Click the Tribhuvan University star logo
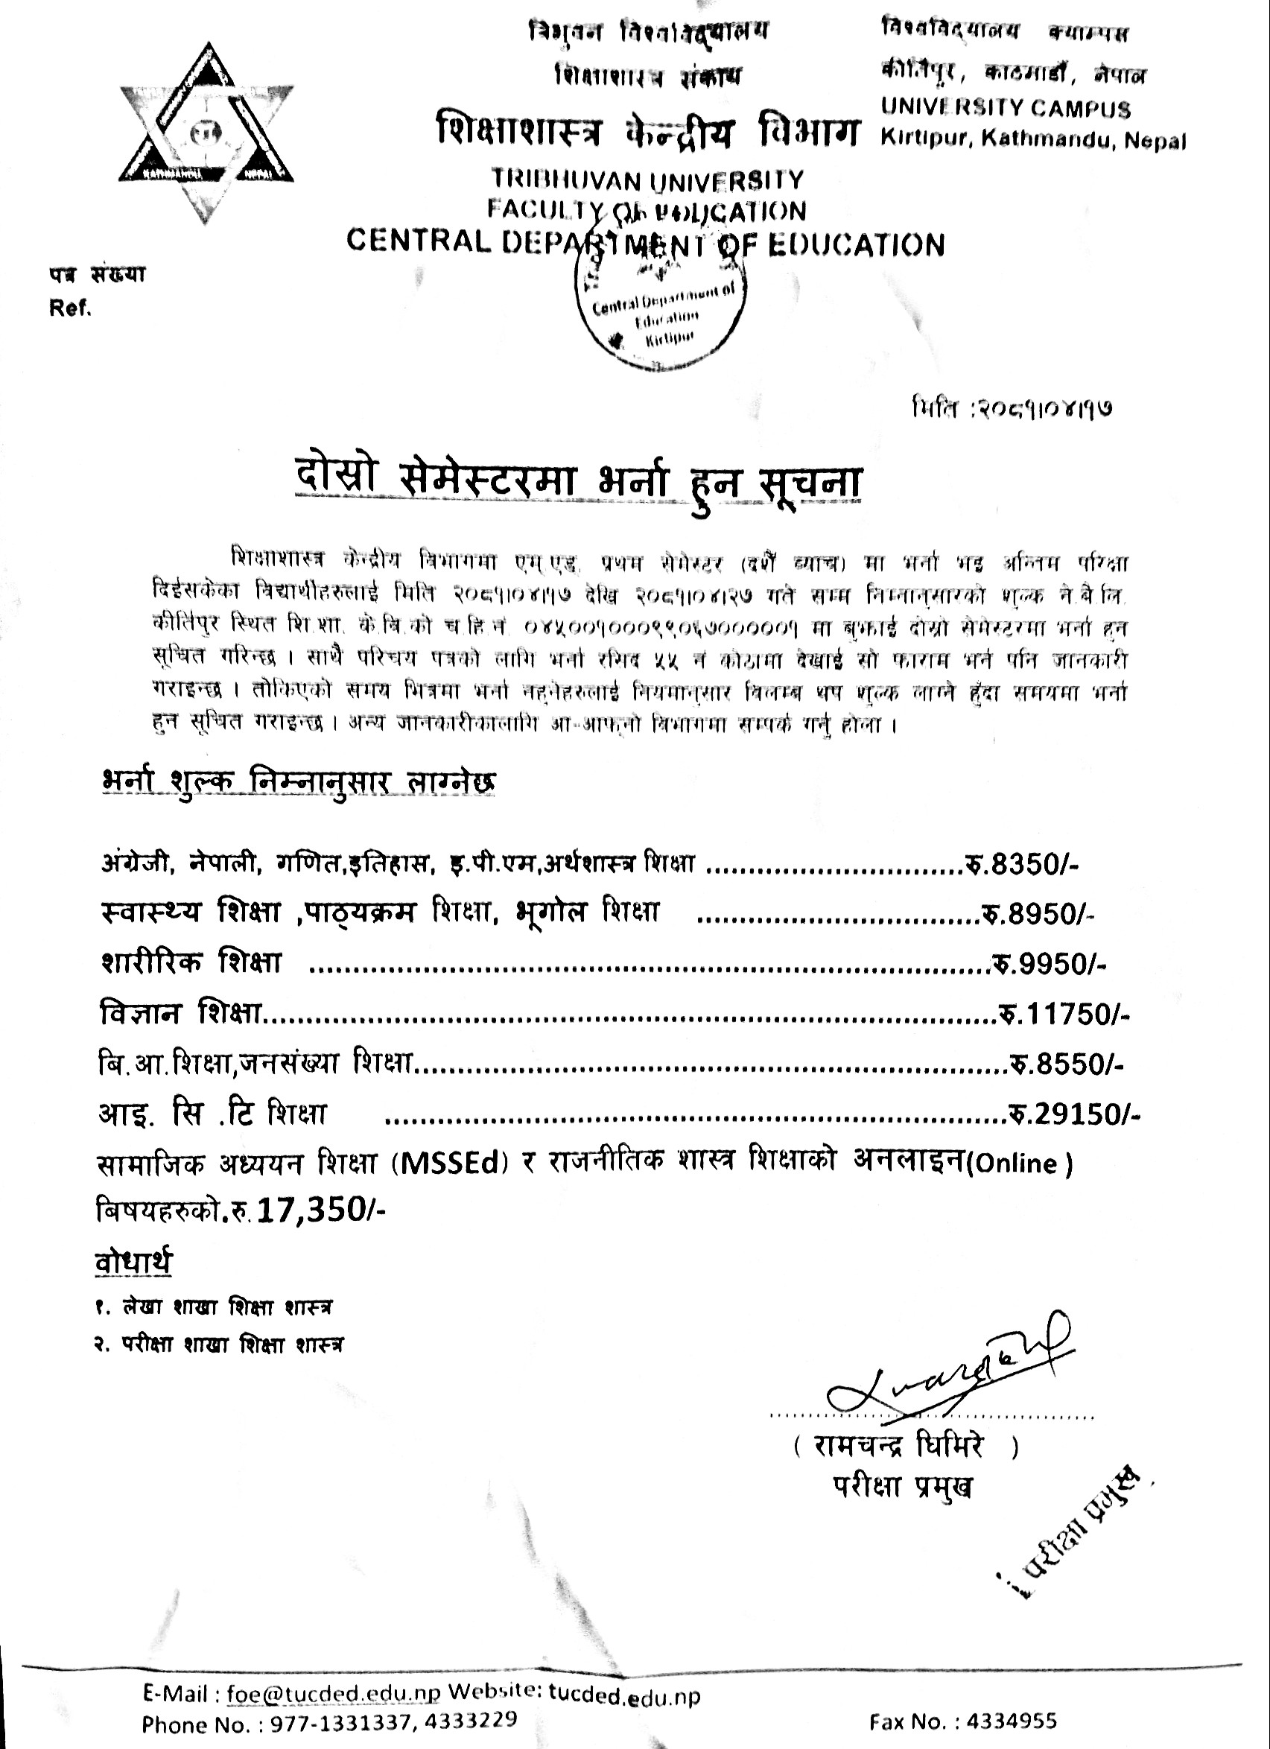pyautogui.click(x=206, y=133)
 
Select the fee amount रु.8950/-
pyautogui.click(x=1036, y=915)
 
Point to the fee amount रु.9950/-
pyautogui.click(x=1050, y=964)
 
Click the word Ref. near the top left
pyautogui.click(x=70, y=309)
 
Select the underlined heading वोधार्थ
pyautogui.click(x=133, y=1263)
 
